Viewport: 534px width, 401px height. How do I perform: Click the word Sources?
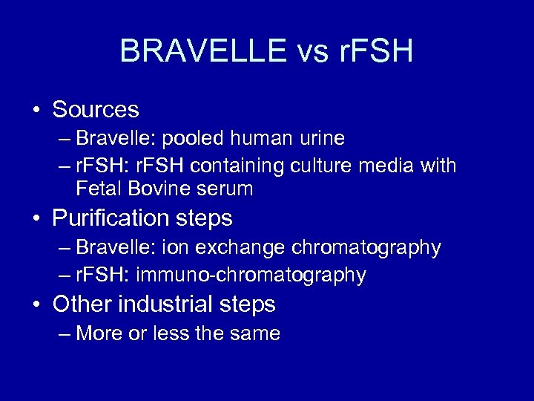(x=96, y=110)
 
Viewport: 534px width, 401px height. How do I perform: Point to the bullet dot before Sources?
(x=36, y=111)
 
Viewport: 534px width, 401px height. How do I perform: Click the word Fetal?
(x=99, y=189)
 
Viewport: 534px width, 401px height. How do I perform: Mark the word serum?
(x=226, y=189)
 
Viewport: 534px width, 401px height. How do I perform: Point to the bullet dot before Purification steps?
(x=36, y=219)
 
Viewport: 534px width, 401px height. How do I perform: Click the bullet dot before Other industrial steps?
(x=36, y=305)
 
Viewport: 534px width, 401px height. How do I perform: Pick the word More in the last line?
(x=100, y=334)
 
